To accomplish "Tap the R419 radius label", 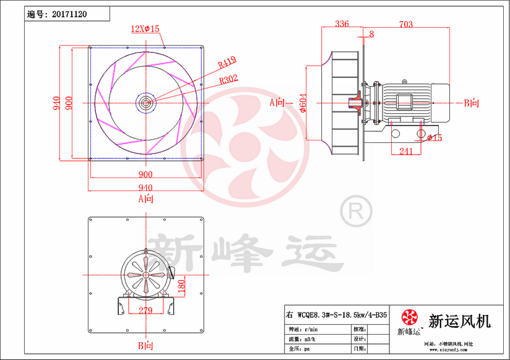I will [227, 61].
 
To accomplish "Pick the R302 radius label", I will [228, 79].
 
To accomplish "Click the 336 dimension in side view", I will [341, 24].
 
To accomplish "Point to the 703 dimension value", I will [406, 24].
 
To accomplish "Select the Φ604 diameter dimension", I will [303, 103].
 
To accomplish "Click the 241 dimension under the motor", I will [406, 151].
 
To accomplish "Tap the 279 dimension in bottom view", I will [145, 311].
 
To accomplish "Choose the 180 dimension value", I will [181, 286].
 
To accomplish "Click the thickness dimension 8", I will [371, 33].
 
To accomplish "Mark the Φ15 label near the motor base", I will [434, 137].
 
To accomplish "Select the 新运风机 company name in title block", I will [459, 321].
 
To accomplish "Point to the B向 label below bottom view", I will [145, 345].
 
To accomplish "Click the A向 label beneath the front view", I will [145, 199].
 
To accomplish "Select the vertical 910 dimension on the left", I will [56, 102].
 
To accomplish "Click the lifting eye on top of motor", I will [405, 80].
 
